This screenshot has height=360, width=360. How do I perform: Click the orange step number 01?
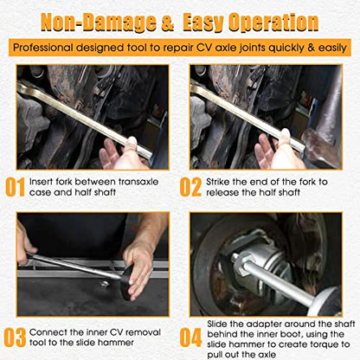[x=15, y=187]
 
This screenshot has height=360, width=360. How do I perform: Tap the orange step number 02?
[x=190, y=187]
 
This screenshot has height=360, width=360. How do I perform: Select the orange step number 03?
[x=15, y=337]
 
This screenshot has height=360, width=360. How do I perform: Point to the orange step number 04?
[x=190, y=337]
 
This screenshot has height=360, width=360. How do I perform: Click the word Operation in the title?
[x=273, y=22]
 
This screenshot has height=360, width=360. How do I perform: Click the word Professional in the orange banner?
[x=43, y=48]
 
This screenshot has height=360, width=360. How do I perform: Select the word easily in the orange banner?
[x=332, y=48]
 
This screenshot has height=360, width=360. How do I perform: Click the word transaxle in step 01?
[x=138, y=182]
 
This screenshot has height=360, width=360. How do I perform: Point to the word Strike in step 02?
[x=218, y=182]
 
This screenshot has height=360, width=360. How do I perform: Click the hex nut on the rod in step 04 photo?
[x=240, y=263]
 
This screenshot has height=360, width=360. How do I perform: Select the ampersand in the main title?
[x=168, y=23]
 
